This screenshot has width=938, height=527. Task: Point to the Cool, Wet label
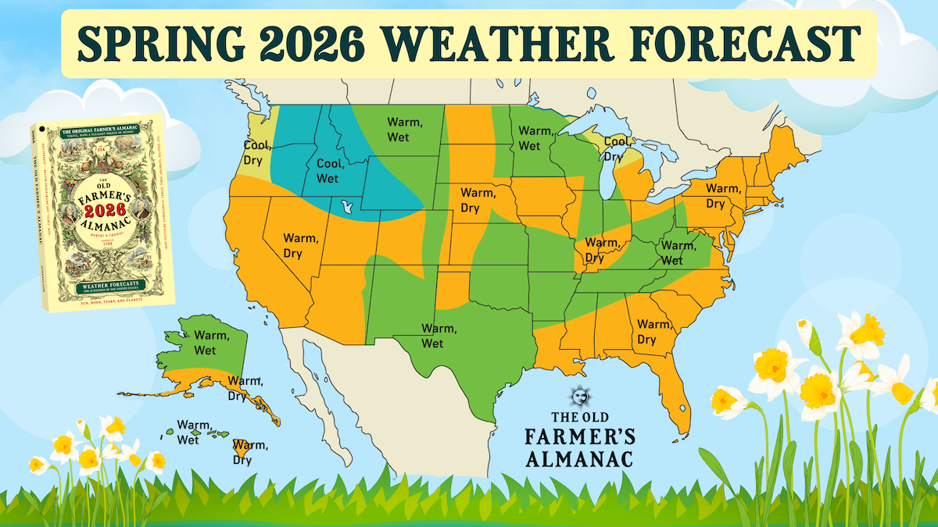click(x=331, y=172)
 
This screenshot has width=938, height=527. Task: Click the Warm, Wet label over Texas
click(x=432, y=336)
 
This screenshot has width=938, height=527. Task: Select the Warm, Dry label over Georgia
click(x=654, y=332)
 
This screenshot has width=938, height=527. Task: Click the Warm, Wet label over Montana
click(x=405, y=130)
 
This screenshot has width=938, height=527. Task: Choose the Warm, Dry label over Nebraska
click(x=474, y=200)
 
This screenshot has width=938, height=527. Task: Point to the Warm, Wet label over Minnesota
click(x=535, y=138)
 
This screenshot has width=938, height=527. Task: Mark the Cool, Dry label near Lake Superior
click(x=617, y=148)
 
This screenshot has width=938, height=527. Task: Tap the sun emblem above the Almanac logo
click(x=578, y=397)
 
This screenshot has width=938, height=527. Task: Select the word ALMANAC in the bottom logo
click(x=578, y=454)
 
